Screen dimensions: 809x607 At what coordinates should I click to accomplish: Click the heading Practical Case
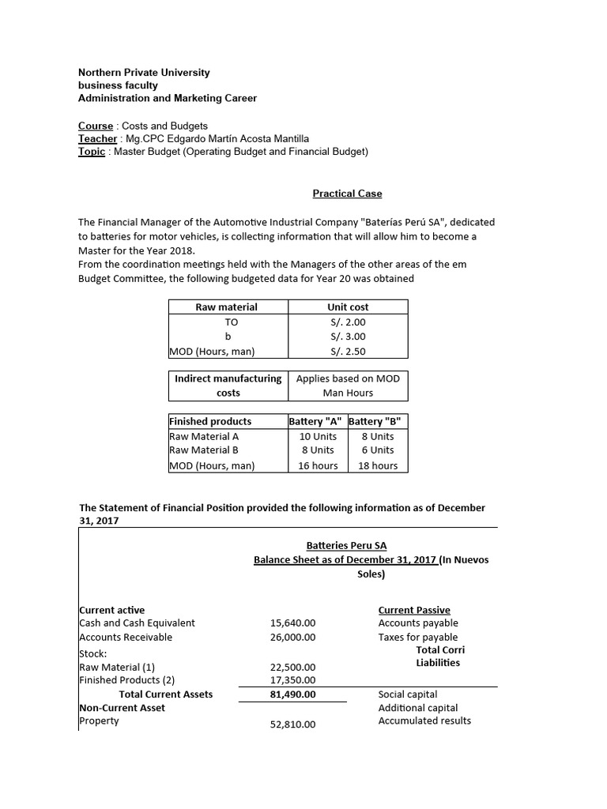347,193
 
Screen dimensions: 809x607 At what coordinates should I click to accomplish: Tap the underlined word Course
95,126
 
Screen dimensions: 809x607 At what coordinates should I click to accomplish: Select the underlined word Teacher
97,138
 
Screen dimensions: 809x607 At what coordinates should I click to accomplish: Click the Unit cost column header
348,307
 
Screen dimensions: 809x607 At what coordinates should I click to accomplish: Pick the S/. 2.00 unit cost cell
348,322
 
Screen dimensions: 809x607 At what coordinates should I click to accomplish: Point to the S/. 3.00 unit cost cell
348,337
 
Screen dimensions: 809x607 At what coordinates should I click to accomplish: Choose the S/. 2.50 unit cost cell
348,352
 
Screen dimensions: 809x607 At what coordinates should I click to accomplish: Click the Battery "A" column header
316,421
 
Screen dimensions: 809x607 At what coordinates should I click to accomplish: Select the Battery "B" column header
376,421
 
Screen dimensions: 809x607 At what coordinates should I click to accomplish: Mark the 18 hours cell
377,465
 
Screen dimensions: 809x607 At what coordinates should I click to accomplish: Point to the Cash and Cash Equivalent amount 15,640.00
292,623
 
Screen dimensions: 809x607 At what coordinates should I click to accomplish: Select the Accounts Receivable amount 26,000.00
292,637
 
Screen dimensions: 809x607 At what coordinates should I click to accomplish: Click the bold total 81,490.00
292,694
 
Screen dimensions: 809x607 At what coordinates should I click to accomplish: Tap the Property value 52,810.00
292,724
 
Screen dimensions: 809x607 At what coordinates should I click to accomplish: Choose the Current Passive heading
414,610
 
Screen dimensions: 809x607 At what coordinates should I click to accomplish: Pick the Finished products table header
210,421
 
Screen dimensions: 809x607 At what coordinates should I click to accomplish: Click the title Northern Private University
144,73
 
